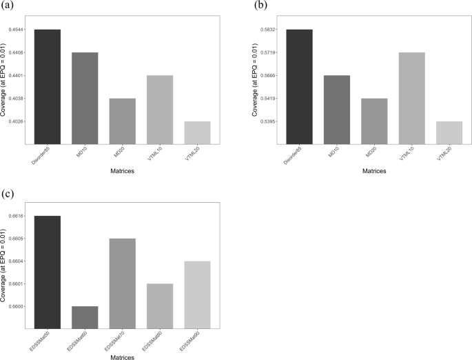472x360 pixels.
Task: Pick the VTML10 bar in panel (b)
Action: point(412,98)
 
